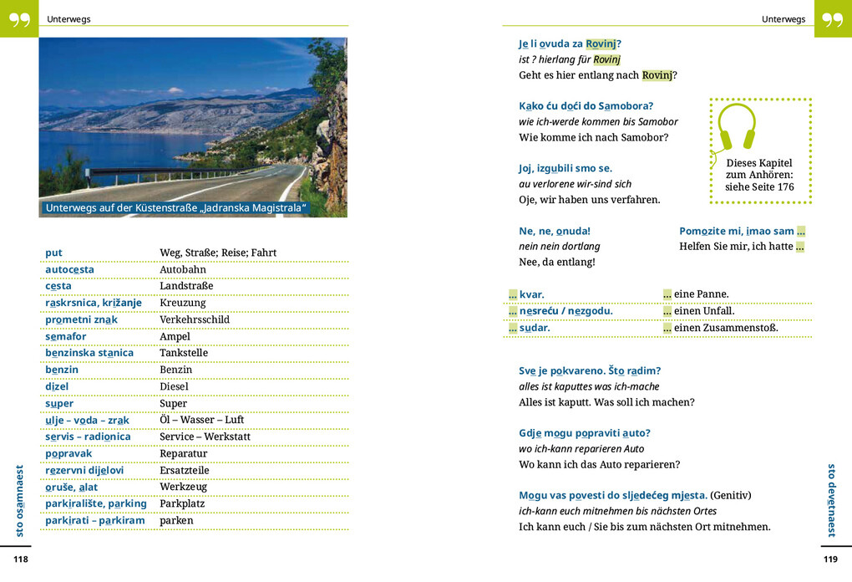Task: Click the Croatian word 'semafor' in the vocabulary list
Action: (66, 336)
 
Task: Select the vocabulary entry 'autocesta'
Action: (69, 269)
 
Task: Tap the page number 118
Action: (21, 559)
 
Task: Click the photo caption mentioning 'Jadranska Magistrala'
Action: (176, 207)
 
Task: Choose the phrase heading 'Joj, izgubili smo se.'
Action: (565, 168)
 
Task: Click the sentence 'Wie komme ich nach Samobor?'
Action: (593, 137)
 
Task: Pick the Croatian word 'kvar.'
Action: (532, 294)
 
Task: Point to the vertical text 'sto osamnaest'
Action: (20, 500)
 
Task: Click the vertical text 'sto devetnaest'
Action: (831, 500)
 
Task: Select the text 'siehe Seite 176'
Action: (759, 187)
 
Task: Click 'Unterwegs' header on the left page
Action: (68, 19)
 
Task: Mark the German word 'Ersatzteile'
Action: (184, 470)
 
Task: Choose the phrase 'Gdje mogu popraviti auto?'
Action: (585, 432)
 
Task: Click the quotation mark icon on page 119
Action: (833, 18)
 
